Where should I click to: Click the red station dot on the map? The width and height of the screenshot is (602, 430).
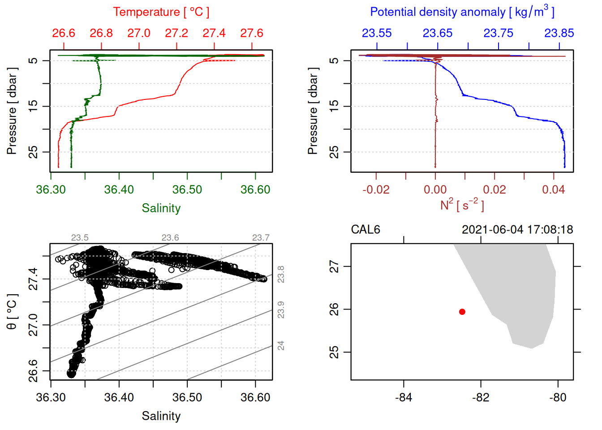pos(462,312)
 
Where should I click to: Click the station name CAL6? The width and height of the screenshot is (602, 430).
pos(365,230)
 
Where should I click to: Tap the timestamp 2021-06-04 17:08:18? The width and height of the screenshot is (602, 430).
pos(517,230)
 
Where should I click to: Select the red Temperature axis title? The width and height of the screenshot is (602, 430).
pos(161,12)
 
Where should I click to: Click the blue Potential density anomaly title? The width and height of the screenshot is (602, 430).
pos(462,12)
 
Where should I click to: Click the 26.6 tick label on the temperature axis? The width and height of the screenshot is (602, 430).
pos(64,33)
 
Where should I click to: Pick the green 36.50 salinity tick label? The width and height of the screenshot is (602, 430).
pos(187,189)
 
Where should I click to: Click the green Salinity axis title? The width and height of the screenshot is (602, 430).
pos(161,208)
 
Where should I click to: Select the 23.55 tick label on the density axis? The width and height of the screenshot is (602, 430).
pos(377,33)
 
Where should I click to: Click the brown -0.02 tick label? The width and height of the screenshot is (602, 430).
pos(376,189)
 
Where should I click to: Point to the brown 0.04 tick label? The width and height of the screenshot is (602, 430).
pos(554,189)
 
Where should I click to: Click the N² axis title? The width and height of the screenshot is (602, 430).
pos(462,205)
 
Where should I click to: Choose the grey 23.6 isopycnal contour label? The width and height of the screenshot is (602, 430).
pos(170,237)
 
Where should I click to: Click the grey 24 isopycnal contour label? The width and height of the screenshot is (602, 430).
pos(281,345)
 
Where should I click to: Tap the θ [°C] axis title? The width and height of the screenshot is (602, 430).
pos(12,312)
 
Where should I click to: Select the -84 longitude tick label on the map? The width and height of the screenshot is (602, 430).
pos(404,397)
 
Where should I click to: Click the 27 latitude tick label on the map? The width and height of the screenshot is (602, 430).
pos(334,267)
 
